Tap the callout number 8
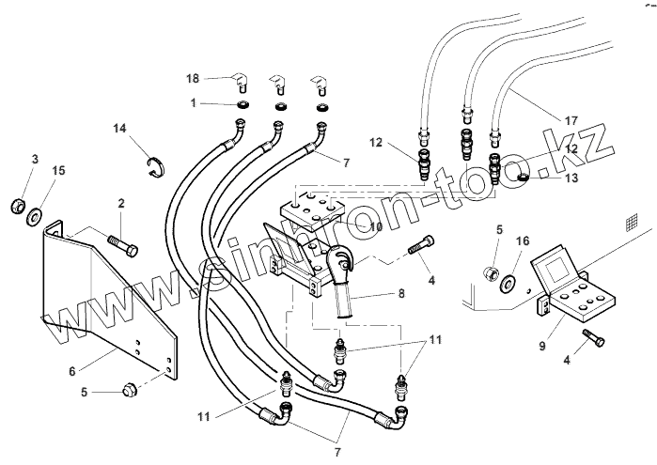(x=401, y=293)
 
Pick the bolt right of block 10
(x=419, y=246)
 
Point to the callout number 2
(x=120, y=202)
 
